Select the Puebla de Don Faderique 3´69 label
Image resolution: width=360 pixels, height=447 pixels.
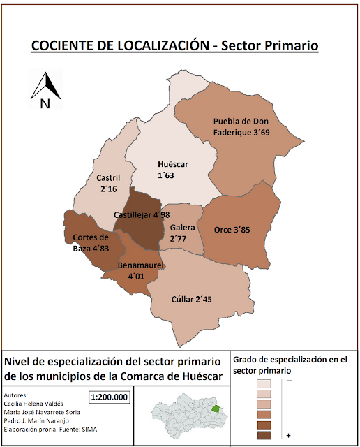[x=241, y=126]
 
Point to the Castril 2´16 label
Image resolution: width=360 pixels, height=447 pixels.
[x=108, y=184]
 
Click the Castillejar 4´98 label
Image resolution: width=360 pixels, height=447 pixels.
[x=142, y=215]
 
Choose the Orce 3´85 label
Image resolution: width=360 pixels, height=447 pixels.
[x=232, y=229]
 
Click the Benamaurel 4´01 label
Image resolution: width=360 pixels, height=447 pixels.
[x=140, y=271]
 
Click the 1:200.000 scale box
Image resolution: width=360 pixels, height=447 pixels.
[x=110, y=397]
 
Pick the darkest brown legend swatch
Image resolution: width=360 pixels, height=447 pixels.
[x=264, y=436]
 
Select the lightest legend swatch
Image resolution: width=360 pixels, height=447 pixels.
[x=264, y=383]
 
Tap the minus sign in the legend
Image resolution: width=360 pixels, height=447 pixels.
[x=288, y=381]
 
